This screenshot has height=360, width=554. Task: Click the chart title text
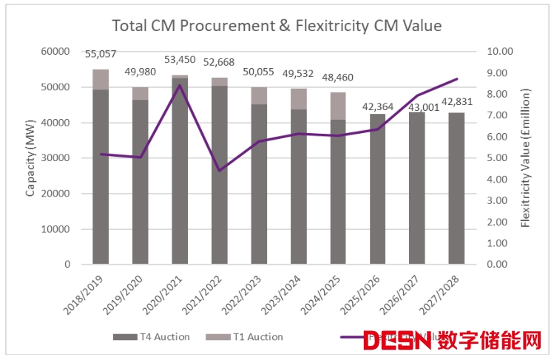(x=276, y=26)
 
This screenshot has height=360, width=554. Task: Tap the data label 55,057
(x=101, y=54)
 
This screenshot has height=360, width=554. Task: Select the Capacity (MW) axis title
(x=31, y=158)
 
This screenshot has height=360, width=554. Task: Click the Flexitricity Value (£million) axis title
(x=527, y=158)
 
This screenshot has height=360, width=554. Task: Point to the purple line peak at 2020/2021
(x=180, y=85)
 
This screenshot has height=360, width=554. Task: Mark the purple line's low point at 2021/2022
(x=219, y=171)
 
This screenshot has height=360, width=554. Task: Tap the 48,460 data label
(x=338, y=77)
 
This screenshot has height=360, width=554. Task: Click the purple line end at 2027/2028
(x=456, y=79)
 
